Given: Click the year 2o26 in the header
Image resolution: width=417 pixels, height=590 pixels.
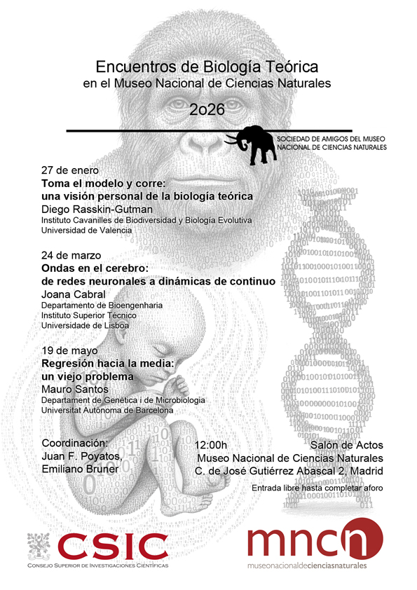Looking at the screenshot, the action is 207,109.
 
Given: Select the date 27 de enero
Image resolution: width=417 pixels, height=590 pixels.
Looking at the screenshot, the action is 70,171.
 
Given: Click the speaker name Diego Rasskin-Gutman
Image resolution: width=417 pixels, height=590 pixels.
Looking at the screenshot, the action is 97,209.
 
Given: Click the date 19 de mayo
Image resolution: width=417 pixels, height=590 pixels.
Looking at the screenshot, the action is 69,350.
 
